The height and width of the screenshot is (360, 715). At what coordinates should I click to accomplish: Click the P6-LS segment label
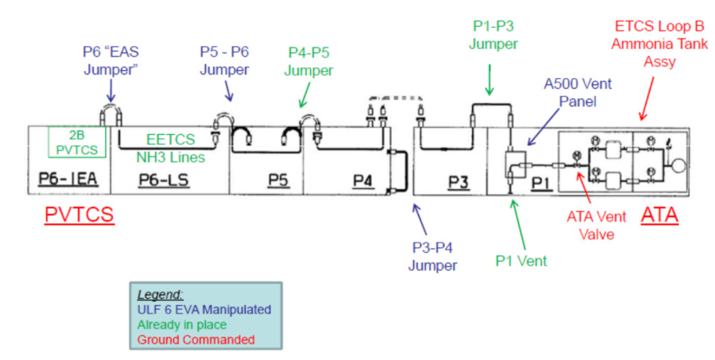coord(165,182)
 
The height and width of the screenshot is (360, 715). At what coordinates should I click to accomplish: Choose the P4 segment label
coord(363,182)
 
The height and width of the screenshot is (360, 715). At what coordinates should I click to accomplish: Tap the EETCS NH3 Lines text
coord(170,148)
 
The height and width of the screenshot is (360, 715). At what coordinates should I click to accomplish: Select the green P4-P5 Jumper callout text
coord(310,62)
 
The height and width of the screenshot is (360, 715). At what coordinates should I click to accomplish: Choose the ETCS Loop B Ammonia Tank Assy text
coord(660,44)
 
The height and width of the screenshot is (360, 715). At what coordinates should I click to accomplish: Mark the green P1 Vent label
coord(521,261)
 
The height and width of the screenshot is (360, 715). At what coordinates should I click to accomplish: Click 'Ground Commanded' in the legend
coord(195,339)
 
